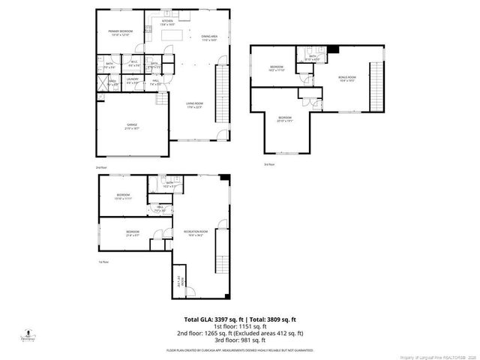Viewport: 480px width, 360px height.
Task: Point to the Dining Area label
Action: pyautogui.click(x=208, y=37)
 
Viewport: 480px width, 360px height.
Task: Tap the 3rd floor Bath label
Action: pyautogui.click(x=310, y=58)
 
